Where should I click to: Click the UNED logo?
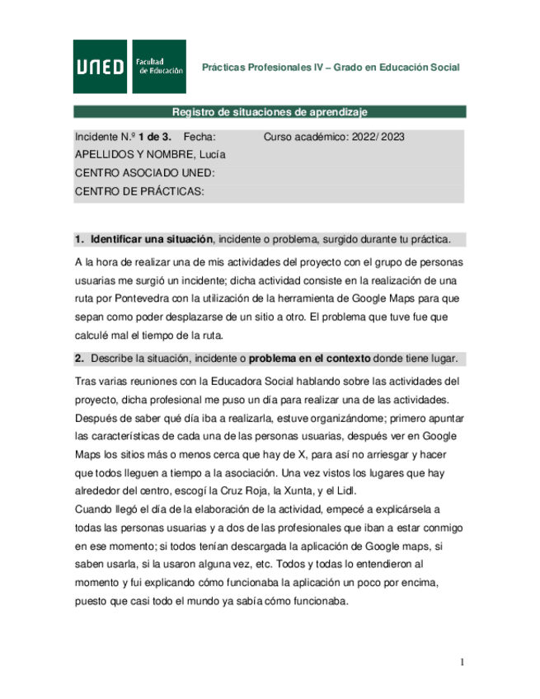pos(101,67)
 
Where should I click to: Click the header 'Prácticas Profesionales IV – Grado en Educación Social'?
pos(331,68)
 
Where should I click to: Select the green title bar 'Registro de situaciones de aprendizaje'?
pos(270,112)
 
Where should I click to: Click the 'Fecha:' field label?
pos(200,138)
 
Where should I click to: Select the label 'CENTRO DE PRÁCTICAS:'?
pos(139,191)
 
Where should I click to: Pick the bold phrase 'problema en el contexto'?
pos(309,359)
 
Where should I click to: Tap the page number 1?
pos(463,662)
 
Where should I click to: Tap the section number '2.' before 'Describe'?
pos(80,359)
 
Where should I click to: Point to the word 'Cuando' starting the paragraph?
pos(93,509)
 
